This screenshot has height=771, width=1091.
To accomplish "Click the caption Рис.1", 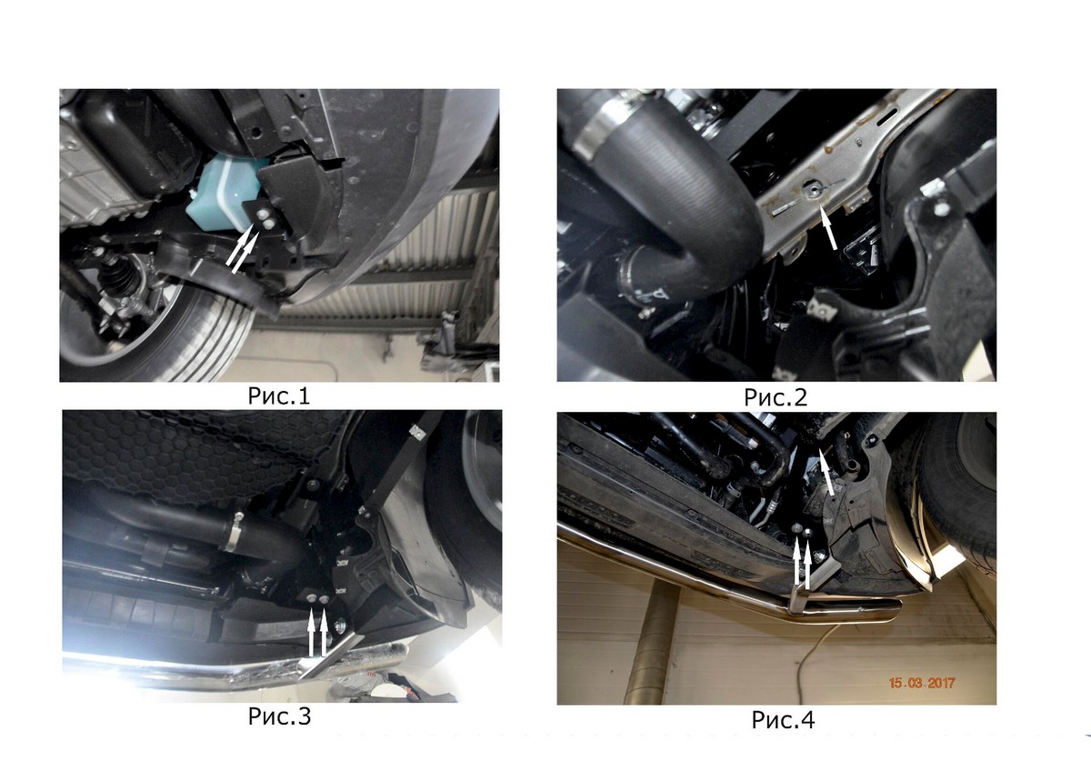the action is pos(278,396).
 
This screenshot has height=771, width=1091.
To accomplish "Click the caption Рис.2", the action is pos(776,397).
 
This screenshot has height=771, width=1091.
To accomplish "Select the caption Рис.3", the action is pos(279,716).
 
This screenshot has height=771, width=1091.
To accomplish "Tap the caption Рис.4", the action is pos(783,719).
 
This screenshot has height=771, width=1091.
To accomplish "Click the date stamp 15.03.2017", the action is pos(922,683).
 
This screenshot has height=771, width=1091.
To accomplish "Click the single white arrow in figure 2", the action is pos(828,227).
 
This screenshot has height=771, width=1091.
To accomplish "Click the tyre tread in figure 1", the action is pos(205,336).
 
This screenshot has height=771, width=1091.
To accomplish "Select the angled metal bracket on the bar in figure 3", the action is pos(331,656).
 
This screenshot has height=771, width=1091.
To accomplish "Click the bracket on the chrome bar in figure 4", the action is pos(814,585).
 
